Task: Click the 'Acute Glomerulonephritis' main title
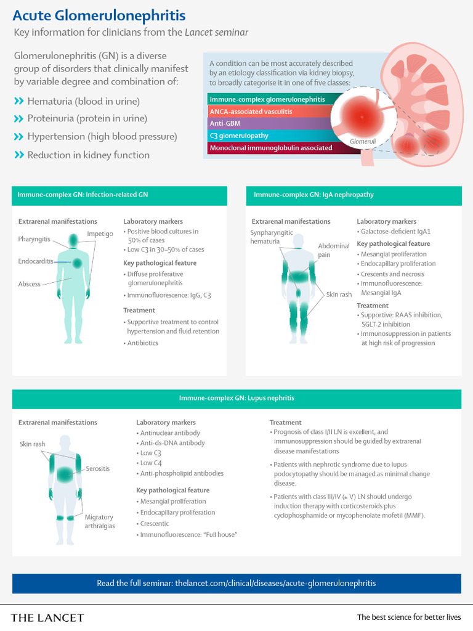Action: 99,14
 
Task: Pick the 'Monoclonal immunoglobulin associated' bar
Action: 271,148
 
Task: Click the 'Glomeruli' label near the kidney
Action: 362,142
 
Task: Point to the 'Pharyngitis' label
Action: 34,238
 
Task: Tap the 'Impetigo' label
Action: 100,234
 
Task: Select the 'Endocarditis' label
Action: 36,262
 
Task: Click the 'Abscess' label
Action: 30,284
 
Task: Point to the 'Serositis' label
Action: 98,468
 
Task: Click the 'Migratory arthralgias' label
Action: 99,521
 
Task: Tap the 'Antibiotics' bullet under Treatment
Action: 142,343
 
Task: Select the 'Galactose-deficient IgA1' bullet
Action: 389,232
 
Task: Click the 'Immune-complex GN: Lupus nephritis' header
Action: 236,398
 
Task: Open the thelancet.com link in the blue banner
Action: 275,583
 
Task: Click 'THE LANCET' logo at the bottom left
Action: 47,617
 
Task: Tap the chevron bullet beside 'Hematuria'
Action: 18,101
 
